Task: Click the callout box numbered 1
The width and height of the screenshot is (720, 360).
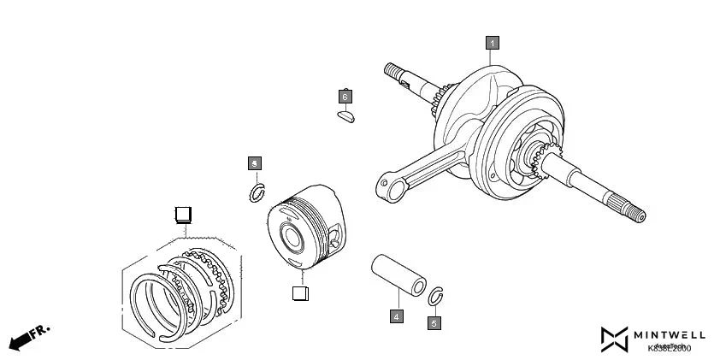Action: [x=491, y=42]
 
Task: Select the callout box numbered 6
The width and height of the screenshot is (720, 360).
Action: [x=345, y=96]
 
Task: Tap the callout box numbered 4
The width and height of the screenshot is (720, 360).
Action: [x=397, y=316]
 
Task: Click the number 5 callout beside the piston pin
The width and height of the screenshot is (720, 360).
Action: [x=434, y=322]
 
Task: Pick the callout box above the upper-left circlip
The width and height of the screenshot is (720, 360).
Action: [x=254, y=162]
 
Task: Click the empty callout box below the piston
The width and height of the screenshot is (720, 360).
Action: [x=299, y=293]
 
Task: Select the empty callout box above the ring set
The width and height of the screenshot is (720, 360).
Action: [x=182, y=213]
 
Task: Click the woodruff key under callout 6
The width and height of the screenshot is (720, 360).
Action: [x=345, y=115]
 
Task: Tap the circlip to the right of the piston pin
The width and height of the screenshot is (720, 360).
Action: [x=435, y=296]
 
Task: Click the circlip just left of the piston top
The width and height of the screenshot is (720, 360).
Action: [x=256, y=193]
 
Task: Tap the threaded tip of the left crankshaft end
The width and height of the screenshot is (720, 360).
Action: [x=392, y=69]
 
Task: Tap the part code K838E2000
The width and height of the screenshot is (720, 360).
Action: [x=670, y=348]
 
